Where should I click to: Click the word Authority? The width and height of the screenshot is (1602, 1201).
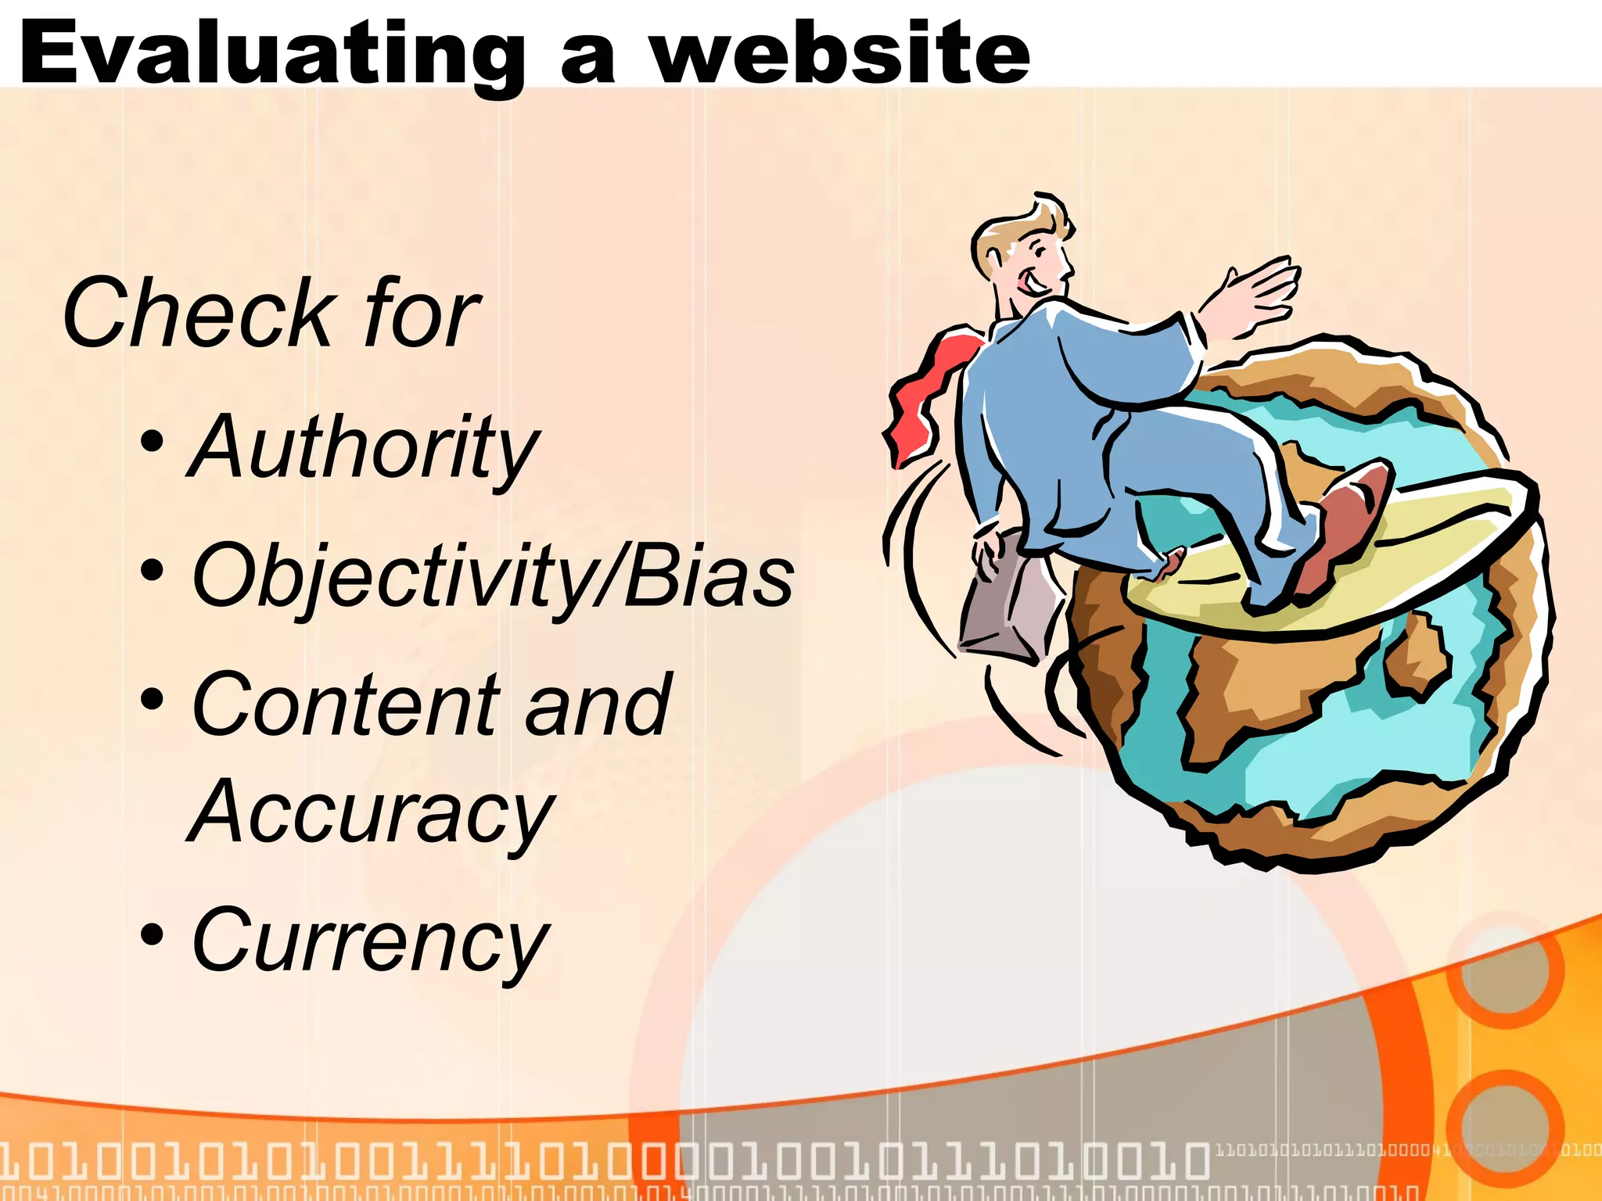pos(365,447)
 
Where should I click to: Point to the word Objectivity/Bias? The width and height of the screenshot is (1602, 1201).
pos(493,577)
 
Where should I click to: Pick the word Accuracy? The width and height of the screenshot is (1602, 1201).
pos(371,813)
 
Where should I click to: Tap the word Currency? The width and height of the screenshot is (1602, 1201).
pos(371,941)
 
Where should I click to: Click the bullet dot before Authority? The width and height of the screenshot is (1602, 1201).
pos(153,442)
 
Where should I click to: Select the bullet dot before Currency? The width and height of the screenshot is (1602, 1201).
pos(153,934)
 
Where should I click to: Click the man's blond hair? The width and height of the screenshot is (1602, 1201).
pos(1017,227)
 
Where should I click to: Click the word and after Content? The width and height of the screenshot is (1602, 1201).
pos(598,705)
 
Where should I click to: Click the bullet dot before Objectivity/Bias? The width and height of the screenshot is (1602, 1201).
pos(153,571)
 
